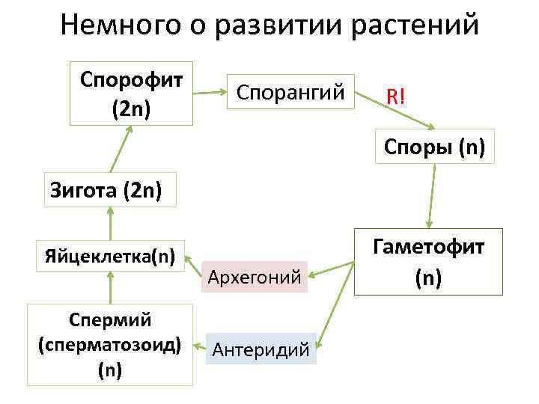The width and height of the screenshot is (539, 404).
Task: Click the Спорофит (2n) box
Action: click(131, 94)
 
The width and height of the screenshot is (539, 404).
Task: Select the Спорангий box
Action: click(290, 94)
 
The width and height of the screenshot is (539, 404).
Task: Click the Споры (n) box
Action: click(434, 147)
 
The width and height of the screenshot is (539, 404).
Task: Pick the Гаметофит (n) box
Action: click(429, 262)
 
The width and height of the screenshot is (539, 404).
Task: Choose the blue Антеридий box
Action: click(261, 349)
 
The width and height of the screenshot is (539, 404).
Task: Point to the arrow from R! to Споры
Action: click(427, 120)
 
